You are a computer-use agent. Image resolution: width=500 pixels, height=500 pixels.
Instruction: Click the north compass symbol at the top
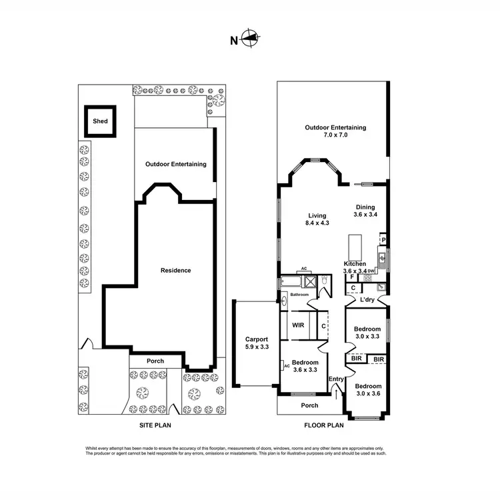pyautogui.click(x=249, y=39)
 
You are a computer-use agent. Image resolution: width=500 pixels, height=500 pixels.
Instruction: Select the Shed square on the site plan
pyautogui.click(x=100, y=121)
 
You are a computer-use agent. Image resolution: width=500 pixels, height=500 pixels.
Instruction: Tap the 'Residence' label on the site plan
pyautogui.click(x=176, y=270)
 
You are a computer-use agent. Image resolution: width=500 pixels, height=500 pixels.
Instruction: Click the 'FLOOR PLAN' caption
pyautogui.click(x=323, y=424)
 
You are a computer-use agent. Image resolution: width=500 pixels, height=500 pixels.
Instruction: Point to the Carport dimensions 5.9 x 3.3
pyautogui.click(x=256, y=347)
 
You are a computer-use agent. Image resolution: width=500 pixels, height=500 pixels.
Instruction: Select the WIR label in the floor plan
pyautogui.click(x=299, y=325)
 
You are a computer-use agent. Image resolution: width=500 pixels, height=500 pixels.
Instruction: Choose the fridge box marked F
pyautogui.click(x=351, y=277)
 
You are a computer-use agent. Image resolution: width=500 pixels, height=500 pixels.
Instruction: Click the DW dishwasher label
pyautogui.click(x=371, y=271)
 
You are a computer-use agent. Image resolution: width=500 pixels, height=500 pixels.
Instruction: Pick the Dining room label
pyautogui.click(x=365, y=207)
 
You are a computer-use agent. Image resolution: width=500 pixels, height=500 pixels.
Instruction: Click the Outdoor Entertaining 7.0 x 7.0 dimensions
pyautogui.click(x=335, y=135)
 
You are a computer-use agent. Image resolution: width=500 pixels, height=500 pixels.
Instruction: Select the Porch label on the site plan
pyautogui.click(x=155, y=361)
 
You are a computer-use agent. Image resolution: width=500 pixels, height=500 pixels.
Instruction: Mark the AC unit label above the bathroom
pyautogui.click(x=303, y=269)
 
